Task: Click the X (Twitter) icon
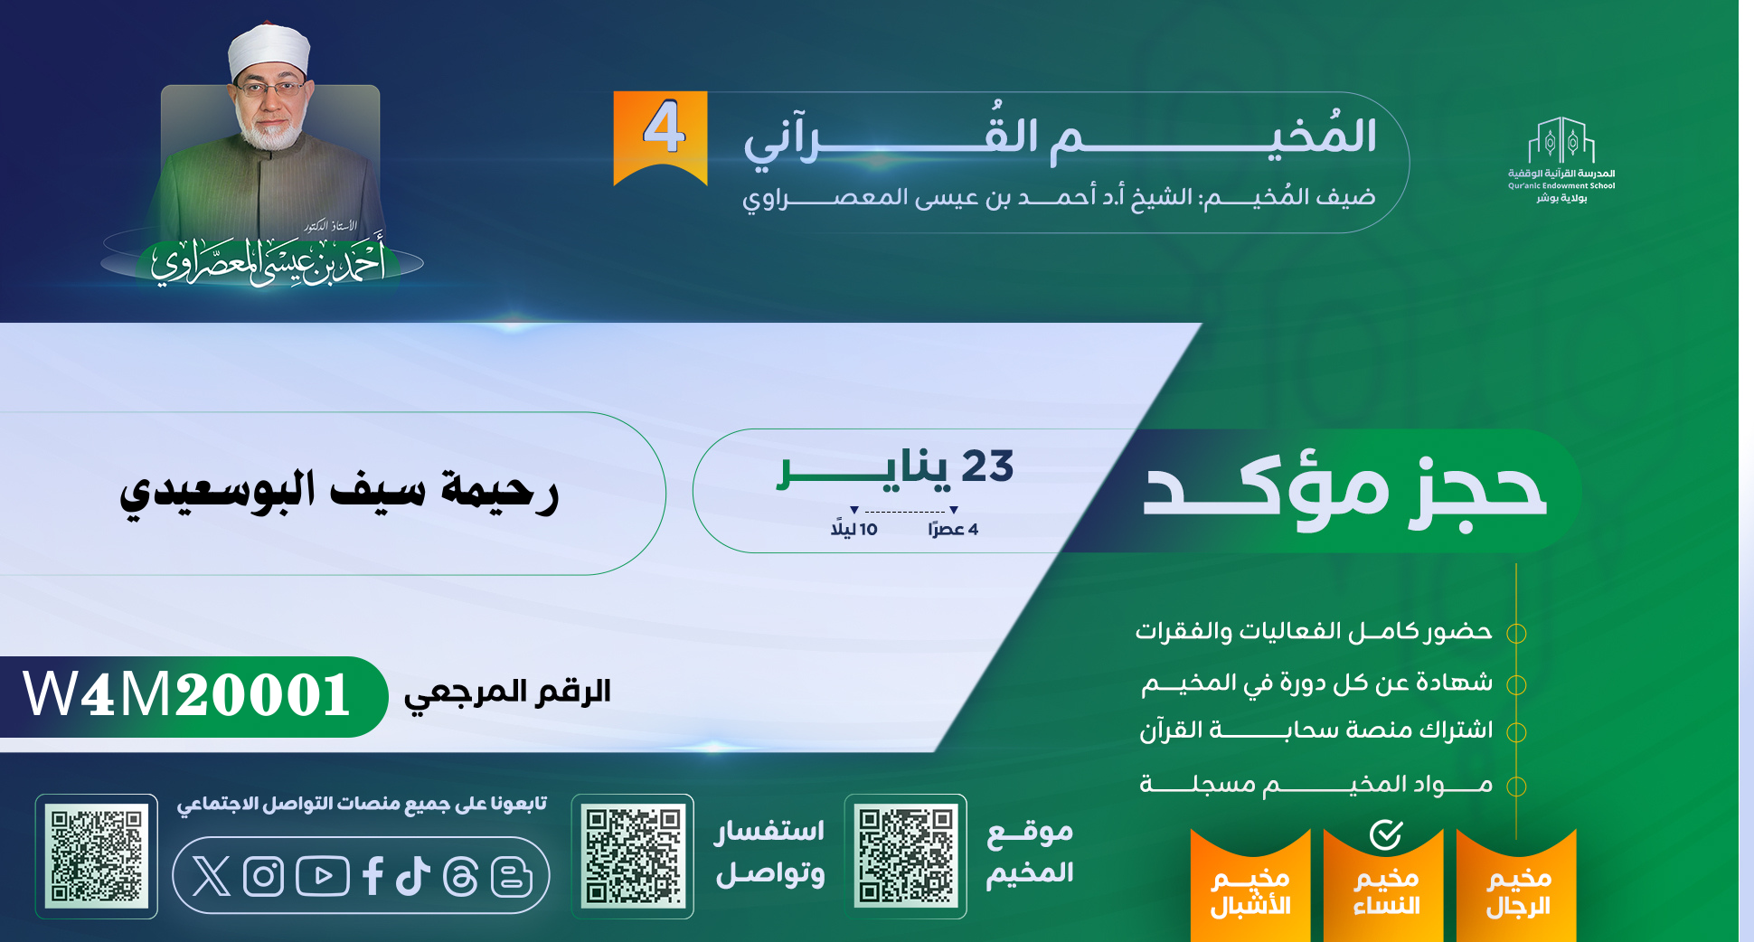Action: tap(212, 876)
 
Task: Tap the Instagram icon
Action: tap(264, 876)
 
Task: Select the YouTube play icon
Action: tap(322, 876)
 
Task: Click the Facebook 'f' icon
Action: tap(372, 876)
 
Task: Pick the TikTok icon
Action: tap(413, 876)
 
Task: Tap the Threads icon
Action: tap(461, 876)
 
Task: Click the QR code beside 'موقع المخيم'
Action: tap(906, 856)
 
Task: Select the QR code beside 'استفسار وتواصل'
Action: tap(633, 856)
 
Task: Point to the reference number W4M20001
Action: tap(187, 695)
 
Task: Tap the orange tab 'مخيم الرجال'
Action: tap(1517, 886)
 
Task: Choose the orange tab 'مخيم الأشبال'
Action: tap(1250, 886)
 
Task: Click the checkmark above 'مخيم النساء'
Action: tap(1385, 834)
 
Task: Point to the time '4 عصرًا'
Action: tap(953, 529)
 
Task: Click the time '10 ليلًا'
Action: tap(854, 529)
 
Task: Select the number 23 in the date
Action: tap(987, 466)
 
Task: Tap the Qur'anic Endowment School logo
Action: tap(1561, 160)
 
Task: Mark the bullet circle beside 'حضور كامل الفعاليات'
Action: tap(1516, 634)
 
